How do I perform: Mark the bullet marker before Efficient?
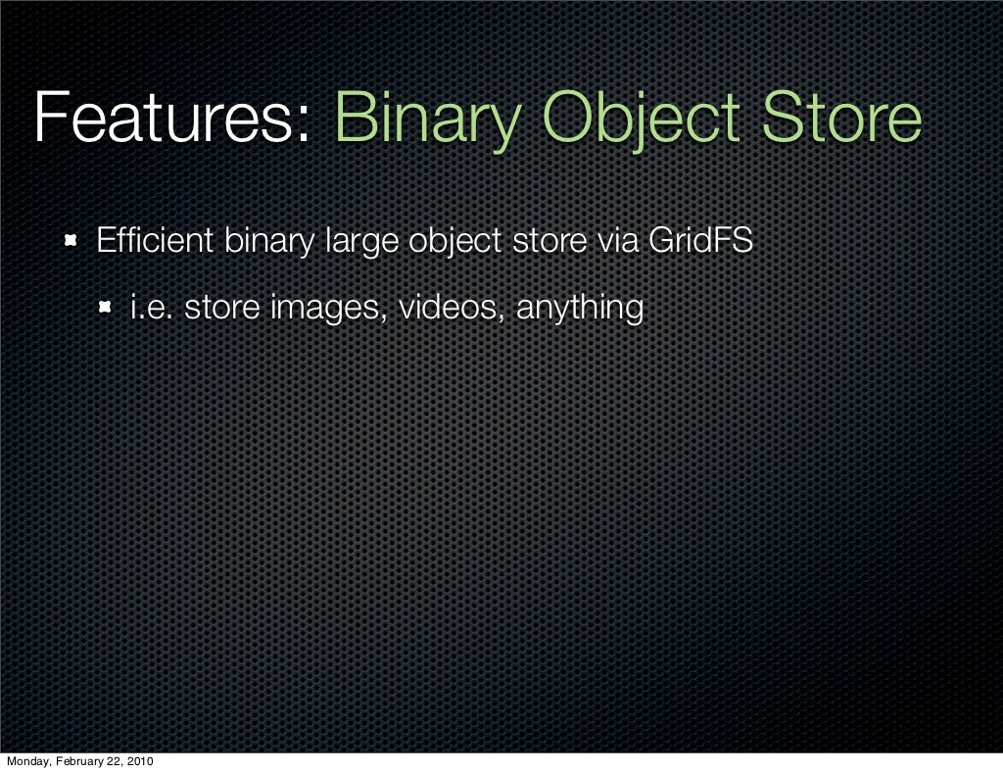71,241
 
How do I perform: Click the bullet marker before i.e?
106,310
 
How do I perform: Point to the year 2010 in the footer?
140,762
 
